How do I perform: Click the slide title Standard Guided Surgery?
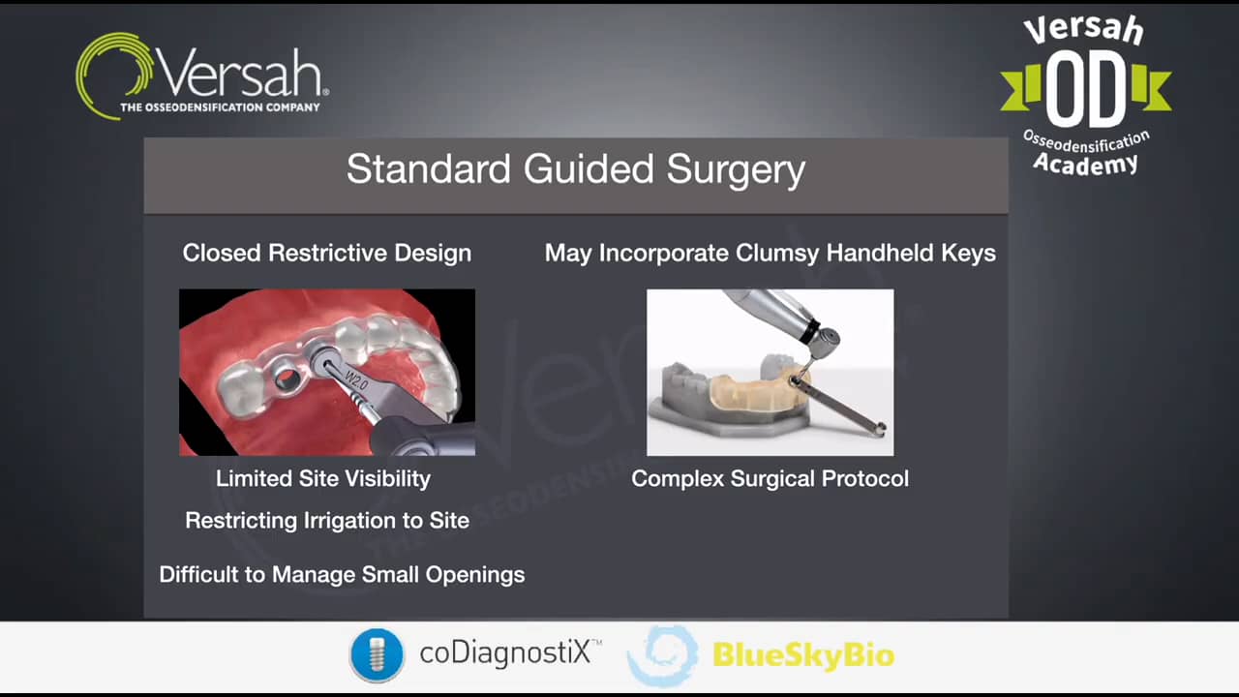tap(575, 169)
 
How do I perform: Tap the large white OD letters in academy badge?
tap(1085, 89)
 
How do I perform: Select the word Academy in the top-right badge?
tap(1085, 164)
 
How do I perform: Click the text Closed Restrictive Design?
tap(326, 254)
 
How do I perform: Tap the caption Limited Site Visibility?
tap(322, 478)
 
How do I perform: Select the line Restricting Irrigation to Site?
tap(326, 521)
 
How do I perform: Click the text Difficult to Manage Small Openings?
tap(342, 575)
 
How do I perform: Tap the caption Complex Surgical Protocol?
tap(770, 478)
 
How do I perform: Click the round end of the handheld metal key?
tap(879, 430)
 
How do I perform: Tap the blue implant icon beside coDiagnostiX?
tap(376, 655)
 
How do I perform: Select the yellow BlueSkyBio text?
tap(802, 655)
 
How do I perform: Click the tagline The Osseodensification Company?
tap(220, 107)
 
